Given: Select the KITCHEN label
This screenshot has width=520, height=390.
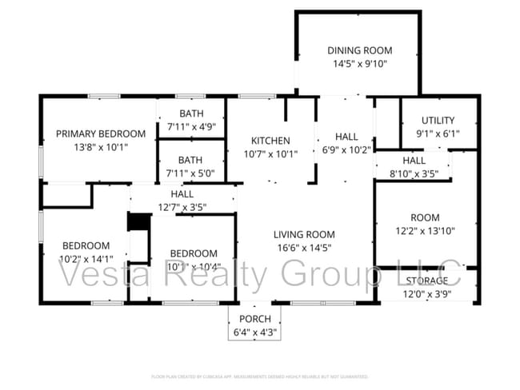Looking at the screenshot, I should point(270,141).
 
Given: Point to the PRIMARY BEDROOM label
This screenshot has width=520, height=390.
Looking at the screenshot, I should point(101,133).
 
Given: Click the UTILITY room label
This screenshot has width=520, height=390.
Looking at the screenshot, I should point(438,121).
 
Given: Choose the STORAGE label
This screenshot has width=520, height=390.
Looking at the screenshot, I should point(426,281).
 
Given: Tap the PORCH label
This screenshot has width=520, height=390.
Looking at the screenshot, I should point(255,320).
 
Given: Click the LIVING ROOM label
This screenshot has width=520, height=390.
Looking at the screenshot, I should point(303,234).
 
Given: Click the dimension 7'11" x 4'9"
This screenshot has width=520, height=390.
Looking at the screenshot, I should point(190,126).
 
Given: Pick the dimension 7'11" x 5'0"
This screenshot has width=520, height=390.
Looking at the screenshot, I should point(190,173).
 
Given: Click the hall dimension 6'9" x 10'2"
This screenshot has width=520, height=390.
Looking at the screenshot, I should point(346,149).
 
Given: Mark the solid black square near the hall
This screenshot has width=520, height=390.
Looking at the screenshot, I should point(139,221).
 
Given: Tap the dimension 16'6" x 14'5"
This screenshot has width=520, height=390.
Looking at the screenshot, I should point(303,248).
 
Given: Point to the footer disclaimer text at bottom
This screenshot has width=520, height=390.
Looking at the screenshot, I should point(259,376).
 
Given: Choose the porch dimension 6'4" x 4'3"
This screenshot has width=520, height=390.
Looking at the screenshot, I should point(255,332).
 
